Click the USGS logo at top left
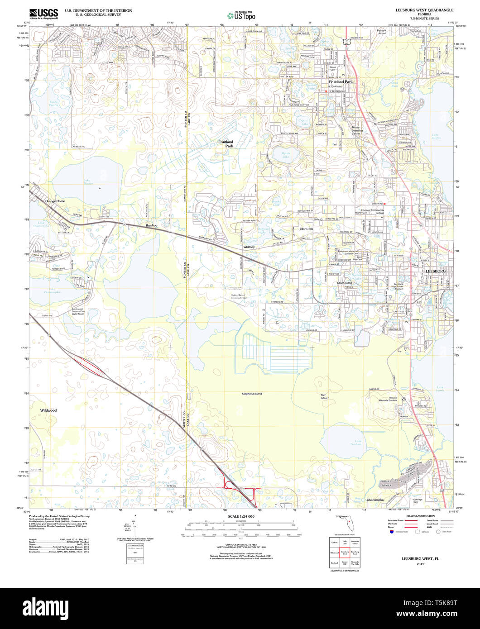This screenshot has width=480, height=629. click(x=43, y=14)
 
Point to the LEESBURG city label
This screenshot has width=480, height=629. click(x=436, y=271)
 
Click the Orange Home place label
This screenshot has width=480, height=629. click(x=55, y=200)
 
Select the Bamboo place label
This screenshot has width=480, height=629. click(x=151, y=225)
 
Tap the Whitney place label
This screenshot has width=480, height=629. click(x=249, y=247)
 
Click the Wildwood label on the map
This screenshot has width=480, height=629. click(x=48, y=410)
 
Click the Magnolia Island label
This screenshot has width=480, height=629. click(x=252, y=394)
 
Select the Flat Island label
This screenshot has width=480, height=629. click(x=324, y=396)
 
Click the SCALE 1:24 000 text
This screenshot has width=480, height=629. click(x=241, y=516)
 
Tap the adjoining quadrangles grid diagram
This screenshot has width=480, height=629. click(x=345, y=552)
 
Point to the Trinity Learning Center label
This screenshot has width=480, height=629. click(x=356, y=131)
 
